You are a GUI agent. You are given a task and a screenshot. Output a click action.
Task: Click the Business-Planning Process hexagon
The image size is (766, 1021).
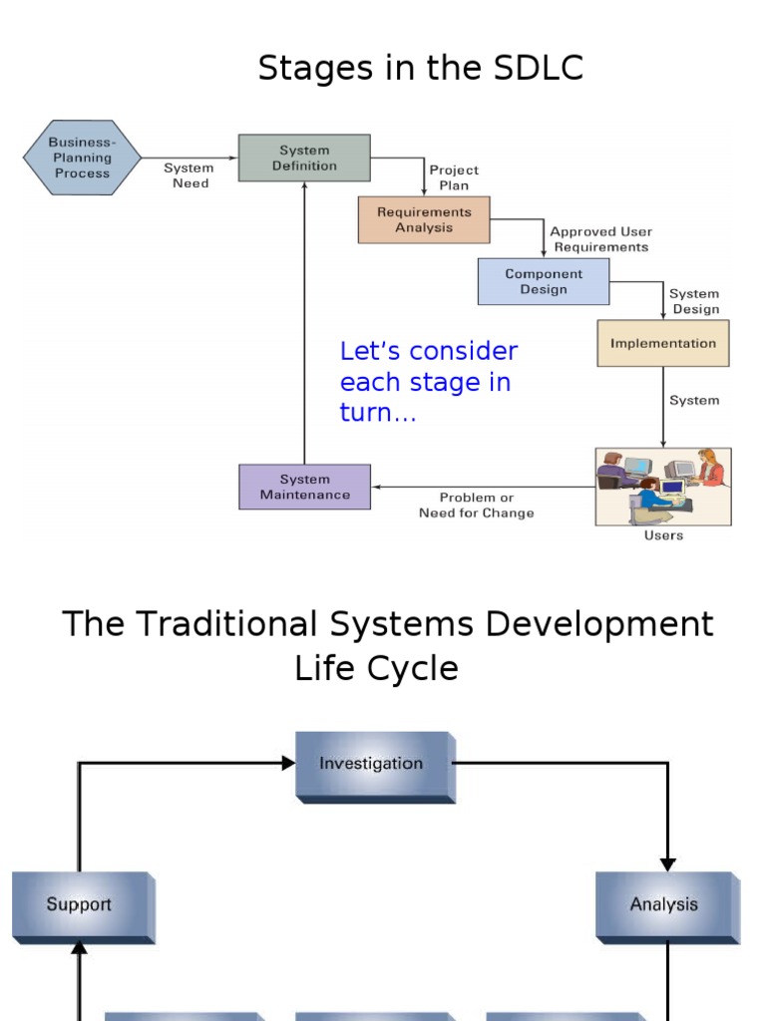tap(82, 158)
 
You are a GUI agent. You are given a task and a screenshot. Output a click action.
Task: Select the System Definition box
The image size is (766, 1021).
tap(304, 159)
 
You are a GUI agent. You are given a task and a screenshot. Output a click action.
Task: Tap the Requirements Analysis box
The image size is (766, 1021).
tap(424, 219)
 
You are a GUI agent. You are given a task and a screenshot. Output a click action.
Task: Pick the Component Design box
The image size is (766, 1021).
tap(544, 281)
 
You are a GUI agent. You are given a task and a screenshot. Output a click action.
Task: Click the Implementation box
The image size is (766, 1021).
tap(663, 343)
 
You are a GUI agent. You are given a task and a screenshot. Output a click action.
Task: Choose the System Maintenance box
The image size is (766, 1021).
tap(304, 487)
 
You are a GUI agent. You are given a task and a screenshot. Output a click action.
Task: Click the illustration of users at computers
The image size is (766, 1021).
tap(663, 487)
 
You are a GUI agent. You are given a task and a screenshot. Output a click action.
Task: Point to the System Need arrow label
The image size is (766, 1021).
tap(190, 175)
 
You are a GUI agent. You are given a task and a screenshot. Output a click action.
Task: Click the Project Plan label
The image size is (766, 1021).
tap(454, 177)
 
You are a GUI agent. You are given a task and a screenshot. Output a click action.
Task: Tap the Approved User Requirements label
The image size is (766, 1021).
tap(600, 239)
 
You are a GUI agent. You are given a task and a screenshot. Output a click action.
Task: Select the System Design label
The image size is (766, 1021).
tap(695, 301)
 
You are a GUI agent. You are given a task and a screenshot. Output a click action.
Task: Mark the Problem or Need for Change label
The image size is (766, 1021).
tap(477, 506)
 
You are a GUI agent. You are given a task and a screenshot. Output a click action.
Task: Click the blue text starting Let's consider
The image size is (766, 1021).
tap(429, 381)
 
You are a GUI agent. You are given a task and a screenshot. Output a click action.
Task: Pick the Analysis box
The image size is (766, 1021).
tap(665, 905)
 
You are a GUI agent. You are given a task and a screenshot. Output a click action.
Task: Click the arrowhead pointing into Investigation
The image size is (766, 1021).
tap(288, 763)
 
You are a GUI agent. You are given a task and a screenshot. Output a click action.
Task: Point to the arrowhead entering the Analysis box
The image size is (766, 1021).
tap(667, 864)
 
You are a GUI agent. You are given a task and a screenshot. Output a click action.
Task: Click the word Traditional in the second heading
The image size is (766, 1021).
tap(228, 624)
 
